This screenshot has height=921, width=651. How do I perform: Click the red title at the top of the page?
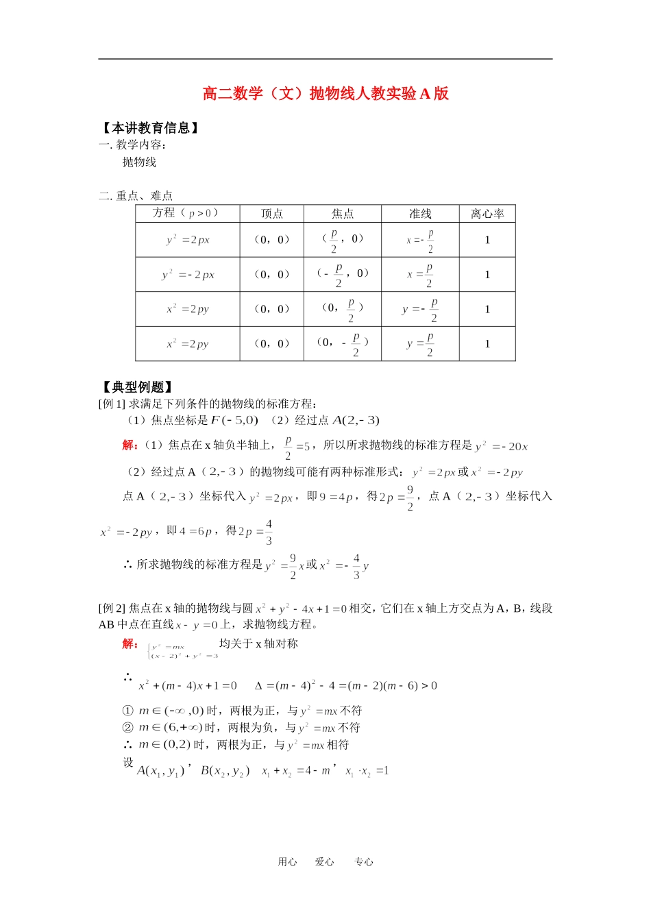coord(325,93)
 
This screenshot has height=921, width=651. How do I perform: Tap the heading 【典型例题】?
coord(136,386)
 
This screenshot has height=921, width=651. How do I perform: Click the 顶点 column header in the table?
coord(272,214)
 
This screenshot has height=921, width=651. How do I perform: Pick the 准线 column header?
coord(420,214)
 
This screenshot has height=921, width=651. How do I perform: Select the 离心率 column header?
coord(487,214)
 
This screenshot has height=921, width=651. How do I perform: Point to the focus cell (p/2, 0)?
coord(343,240)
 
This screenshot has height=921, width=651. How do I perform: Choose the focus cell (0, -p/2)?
coord(343,343)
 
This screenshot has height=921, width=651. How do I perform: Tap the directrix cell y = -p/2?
coord(420,309)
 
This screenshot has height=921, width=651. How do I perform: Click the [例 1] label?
coord(112,404)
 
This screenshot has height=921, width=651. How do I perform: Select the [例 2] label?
coord(112,608)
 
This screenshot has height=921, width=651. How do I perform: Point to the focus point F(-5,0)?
coord(234,420)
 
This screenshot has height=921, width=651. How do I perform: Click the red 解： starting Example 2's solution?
coord(130,643)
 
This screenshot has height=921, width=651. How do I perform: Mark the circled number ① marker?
coord(127,711)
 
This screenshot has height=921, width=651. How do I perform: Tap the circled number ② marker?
coord(127,728)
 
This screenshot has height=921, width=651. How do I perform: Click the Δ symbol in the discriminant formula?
coord(258,685)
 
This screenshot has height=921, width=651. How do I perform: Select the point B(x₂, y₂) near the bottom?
coord(225,771)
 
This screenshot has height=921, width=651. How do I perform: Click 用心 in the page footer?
coord(287,862)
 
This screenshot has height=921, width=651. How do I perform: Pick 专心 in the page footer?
coord(363,862)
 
